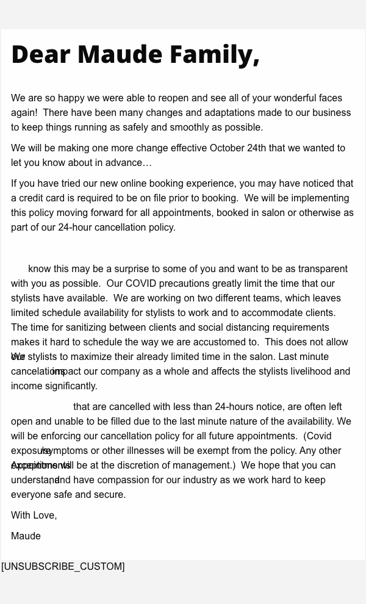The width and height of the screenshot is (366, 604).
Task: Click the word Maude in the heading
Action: [120, 54]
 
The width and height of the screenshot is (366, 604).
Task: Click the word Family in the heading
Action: [211, 54]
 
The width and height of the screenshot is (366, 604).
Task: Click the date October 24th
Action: [238, 148]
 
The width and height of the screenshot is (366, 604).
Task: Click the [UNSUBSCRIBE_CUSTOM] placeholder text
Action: [63, 567]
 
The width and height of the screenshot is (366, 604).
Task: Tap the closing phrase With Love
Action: [34, 516]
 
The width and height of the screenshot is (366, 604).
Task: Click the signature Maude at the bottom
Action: [26, 536]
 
